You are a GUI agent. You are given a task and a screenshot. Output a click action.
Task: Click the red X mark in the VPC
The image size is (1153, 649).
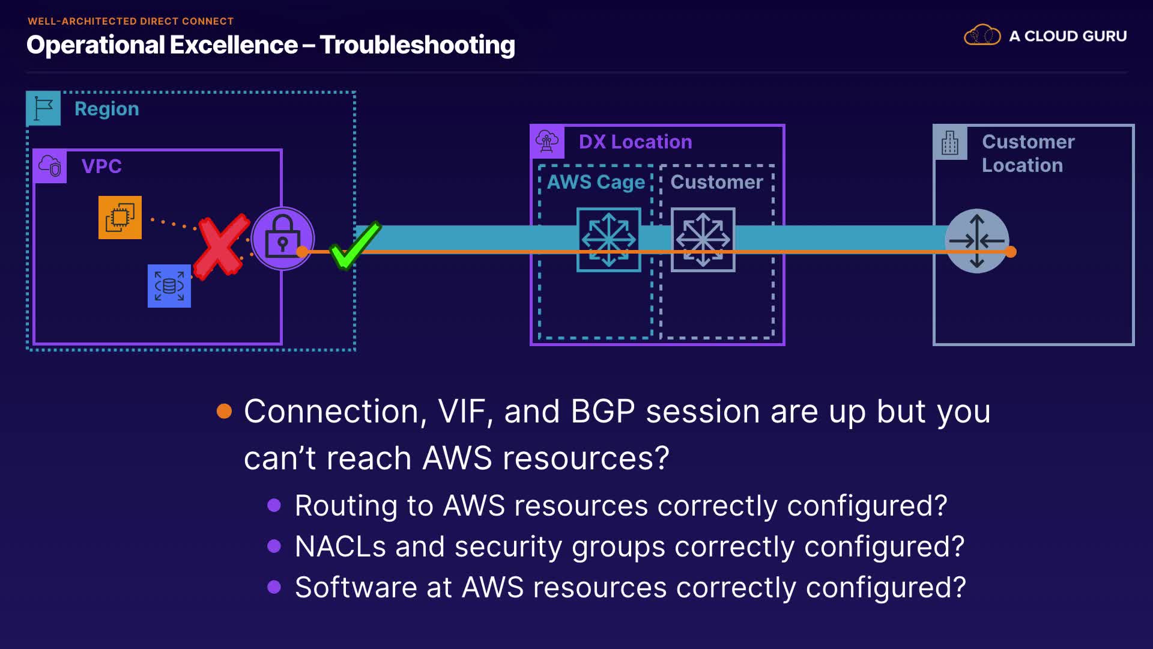coord(222,246)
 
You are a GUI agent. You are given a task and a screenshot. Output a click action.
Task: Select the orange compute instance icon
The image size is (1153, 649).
coord(120,217)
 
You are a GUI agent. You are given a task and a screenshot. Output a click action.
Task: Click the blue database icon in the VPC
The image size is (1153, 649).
coord(169,286)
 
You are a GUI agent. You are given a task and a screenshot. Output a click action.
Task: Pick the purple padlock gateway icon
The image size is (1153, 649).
coord(282,238)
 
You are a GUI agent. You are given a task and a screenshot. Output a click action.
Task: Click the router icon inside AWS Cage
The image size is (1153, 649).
coord(609,240)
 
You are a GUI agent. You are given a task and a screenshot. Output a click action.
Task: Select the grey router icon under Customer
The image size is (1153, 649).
coord(703,240)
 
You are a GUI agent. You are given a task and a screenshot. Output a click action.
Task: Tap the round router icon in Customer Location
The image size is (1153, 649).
coord(977,241)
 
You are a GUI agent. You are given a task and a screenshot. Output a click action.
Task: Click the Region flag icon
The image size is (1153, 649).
coord(43,109)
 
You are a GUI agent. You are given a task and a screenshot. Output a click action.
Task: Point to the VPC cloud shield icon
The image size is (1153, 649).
coord(50,166)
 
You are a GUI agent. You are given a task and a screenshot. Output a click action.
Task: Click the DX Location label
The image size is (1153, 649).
coord(635,142)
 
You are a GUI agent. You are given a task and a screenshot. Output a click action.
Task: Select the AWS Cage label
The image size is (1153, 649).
coord(596,182)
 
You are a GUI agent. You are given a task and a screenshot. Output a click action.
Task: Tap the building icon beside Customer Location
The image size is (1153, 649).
coord(950,142)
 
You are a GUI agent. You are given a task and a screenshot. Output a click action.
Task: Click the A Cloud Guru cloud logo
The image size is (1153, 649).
coord(982,36)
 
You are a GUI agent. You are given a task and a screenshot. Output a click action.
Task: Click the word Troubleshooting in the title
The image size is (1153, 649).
coord(417,45)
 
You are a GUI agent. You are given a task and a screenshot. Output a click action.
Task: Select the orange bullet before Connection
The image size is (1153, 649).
coord(224,411)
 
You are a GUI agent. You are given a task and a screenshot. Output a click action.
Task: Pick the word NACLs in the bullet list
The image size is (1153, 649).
coord(340,547)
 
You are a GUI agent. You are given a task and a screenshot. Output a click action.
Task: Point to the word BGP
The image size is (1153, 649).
coord(602,412)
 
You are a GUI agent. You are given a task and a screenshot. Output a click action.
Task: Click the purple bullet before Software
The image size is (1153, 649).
coord(274,587)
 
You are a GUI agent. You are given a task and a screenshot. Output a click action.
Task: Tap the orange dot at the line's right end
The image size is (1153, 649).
coord(1011,252)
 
